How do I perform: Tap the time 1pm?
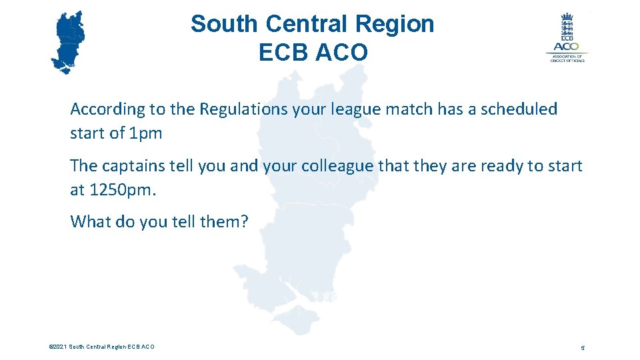[x=146, y=133]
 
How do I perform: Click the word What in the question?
[x=90, y=221]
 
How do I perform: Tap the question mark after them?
[x=243, y=221]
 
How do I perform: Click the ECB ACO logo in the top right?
[x=567, y=37]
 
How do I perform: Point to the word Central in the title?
[x=307, y=24]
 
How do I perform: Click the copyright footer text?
[x=101, y=347]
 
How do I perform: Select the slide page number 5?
[x=582, y=348]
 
